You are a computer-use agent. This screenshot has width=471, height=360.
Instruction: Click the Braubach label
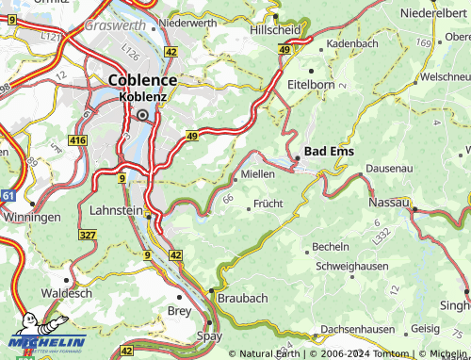point(243,297)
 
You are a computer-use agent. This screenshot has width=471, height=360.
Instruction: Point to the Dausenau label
point(390,167)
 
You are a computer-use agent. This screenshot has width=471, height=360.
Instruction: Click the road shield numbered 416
point(77,140)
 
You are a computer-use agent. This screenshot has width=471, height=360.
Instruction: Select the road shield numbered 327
point(88,234)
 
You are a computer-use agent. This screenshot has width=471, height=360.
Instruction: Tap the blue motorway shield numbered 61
point(8,195)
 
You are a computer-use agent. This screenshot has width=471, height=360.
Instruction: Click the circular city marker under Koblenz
point(142,114)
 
